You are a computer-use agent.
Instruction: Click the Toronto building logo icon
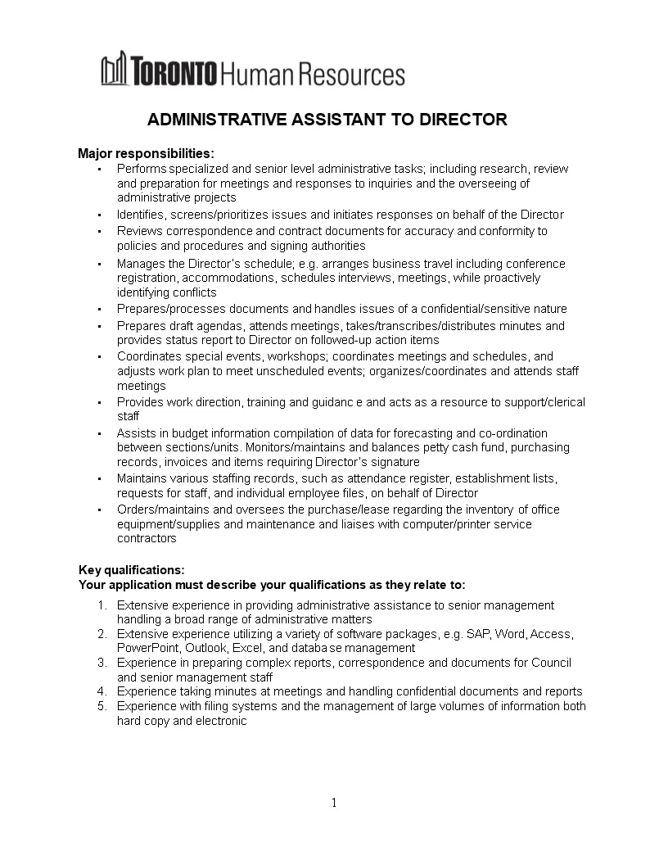coord(115,70)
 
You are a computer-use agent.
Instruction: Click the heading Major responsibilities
coord(146,153)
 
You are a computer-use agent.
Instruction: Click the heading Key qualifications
coord(132,570)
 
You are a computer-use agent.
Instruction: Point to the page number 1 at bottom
coord(334,803)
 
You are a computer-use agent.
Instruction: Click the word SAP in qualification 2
coord(476,634)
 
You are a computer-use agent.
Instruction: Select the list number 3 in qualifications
coord(102,662)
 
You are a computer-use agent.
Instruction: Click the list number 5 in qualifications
coord(102,706)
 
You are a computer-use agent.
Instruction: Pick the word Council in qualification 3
coord(551,663)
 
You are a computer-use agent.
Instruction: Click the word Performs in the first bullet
coord(141,169)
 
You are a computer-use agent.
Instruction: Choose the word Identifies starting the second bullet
coord(141,215)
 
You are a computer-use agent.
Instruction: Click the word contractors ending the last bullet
coord(147,539)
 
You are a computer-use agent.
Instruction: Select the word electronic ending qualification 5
coord(220,721)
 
